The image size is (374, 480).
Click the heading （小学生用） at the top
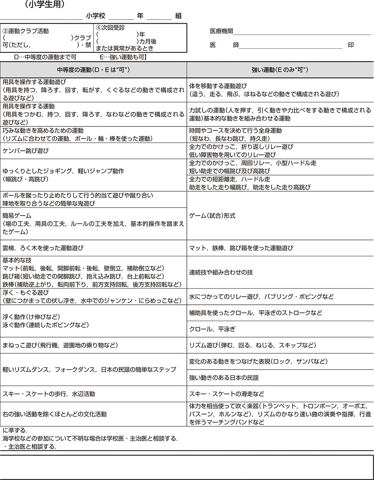coord(44,5)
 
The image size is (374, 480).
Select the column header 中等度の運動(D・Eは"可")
coord(93,70)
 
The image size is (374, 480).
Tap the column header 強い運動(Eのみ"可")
coord(280,70)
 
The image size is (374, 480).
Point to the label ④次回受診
coord(111,28)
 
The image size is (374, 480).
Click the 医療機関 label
coord(221,31)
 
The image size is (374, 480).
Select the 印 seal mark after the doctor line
coord(351,45)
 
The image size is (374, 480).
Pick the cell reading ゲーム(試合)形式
coord(212,216)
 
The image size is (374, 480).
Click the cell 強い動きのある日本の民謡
coord(224,378)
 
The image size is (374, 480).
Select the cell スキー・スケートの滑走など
coord(227,394)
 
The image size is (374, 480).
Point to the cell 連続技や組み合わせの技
coord(221,272)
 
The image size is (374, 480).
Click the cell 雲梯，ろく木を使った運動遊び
coord(43,248)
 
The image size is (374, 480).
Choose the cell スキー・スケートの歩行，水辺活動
coord(49,394)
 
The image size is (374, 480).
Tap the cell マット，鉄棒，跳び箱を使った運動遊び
coord(241,248)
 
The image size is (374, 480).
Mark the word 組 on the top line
coord(178,16)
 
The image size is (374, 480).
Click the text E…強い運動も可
coord(123,57)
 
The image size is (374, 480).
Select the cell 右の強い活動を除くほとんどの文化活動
coord(55,414)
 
